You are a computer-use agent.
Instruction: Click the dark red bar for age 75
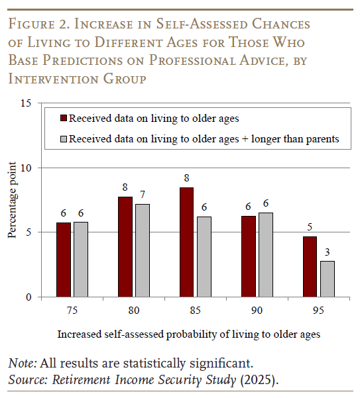[63, 260]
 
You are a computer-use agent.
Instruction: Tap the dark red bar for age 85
[187, 242]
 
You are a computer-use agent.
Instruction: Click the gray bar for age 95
[328, 279]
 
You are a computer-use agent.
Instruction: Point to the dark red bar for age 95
[310, 267]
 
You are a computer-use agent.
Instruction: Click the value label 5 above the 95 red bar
[310, 227]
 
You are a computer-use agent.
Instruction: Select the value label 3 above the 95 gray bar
[328, 252]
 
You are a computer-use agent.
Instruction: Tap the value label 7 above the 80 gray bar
[142, 195]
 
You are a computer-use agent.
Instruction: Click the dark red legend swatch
[64, 119]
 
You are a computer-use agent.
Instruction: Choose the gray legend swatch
[64, 139]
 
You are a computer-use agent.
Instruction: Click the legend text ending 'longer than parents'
[204, 139]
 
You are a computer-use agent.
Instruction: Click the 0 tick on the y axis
[29, 297]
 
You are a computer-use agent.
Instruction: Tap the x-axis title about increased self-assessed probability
[189, 334]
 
